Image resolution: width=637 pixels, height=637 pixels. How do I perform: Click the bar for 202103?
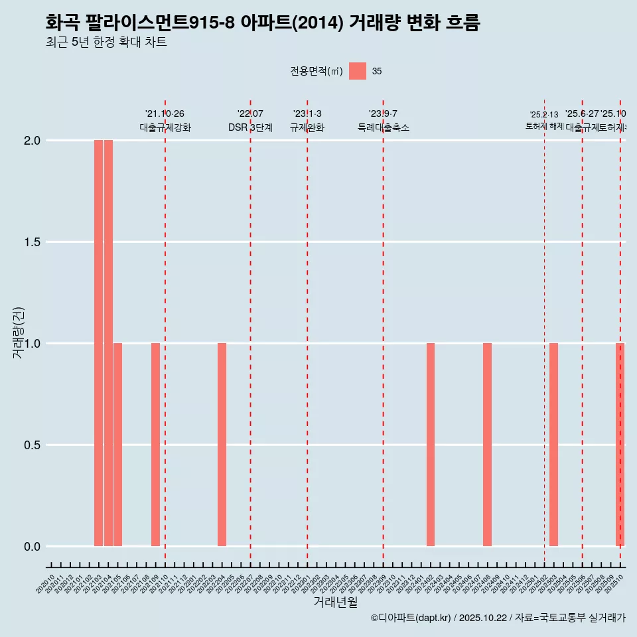coord(98,343)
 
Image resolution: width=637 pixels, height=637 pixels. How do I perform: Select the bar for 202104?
coord(108,343)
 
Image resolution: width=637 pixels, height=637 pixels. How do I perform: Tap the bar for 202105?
coord(117,445)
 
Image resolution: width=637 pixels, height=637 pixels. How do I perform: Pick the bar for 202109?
coord(155,445)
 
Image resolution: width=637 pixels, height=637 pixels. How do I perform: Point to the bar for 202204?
coord(222,445)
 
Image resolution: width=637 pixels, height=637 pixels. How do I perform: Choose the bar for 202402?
coord(431,445)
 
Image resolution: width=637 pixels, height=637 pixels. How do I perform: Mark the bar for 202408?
coord(487,445)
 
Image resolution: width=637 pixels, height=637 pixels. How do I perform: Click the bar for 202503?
coord(553,445)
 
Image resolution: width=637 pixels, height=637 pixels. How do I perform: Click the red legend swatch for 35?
coord(358,71)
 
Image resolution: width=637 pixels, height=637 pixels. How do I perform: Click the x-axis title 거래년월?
coord(335,602)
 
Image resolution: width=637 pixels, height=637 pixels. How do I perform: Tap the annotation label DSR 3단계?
coord(250,127)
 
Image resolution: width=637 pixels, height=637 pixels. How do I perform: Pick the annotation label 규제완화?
coord(307,127)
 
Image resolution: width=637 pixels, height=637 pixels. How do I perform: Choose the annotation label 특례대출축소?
coord(383,127)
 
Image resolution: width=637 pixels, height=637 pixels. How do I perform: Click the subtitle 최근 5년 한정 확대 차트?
coord(106,42)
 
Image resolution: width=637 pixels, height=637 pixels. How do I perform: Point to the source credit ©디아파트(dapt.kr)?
coord(411,618)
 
